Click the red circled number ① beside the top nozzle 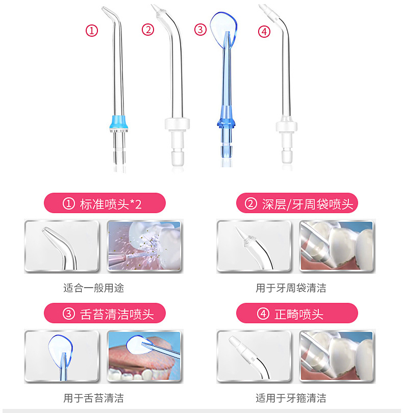click(92, 31)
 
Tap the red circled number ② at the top click(148, 30)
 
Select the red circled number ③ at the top click(200, 29)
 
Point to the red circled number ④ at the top click(264, 32)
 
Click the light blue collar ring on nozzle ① click(119, 122)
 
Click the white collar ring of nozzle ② click(178, 124)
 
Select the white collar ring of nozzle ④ click(287, 126)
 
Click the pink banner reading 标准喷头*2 click(105, 203)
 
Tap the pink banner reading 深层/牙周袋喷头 click(297, 203)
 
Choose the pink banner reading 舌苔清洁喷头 click(105, 313)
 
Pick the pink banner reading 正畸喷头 click(297, 313)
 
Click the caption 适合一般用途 click(93, 288)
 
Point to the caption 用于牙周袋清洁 click(291, 288)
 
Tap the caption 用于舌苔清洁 click(93, 398)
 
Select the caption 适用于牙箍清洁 click(291, 398)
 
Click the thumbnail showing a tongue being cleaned click(145, 356)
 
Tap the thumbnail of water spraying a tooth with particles click(145, 246)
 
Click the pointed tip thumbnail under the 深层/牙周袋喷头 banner click(254, 246)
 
